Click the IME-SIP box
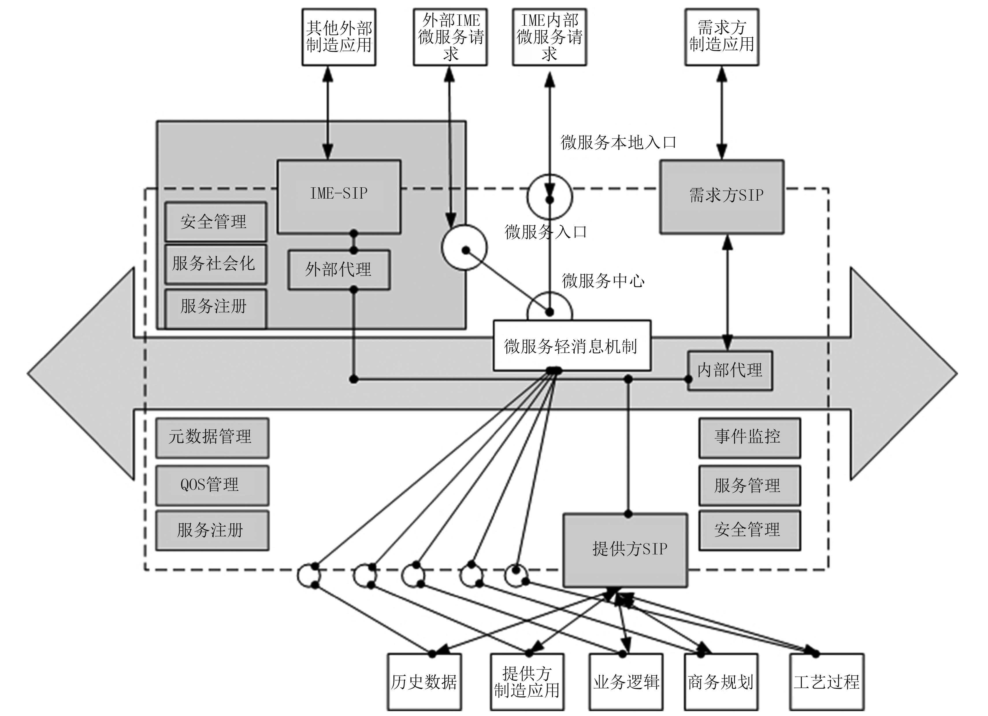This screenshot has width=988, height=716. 339,197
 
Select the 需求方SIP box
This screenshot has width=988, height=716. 722,197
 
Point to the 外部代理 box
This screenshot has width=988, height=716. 339,270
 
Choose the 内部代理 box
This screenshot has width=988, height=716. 730,370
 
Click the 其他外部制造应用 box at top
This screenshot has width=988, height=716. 339,37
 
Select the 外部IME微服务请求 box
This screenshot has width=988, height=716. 450,37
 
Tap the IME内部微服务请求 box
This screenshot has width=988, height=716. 549,37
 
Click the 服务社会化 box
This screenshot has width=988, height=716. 216,264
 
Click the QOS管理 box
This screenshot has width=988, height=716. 212,485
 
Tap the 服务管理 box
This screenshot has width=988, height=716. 750,485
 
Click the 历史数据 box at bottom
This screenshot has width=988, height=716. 424,682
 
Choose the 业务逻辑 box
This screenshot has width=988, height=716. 626,682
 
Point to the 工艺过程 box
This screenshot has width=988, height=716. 827,682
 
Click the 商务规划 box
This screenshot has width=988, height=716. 721,682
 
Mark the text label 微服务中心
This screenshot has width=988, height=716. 603,281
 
